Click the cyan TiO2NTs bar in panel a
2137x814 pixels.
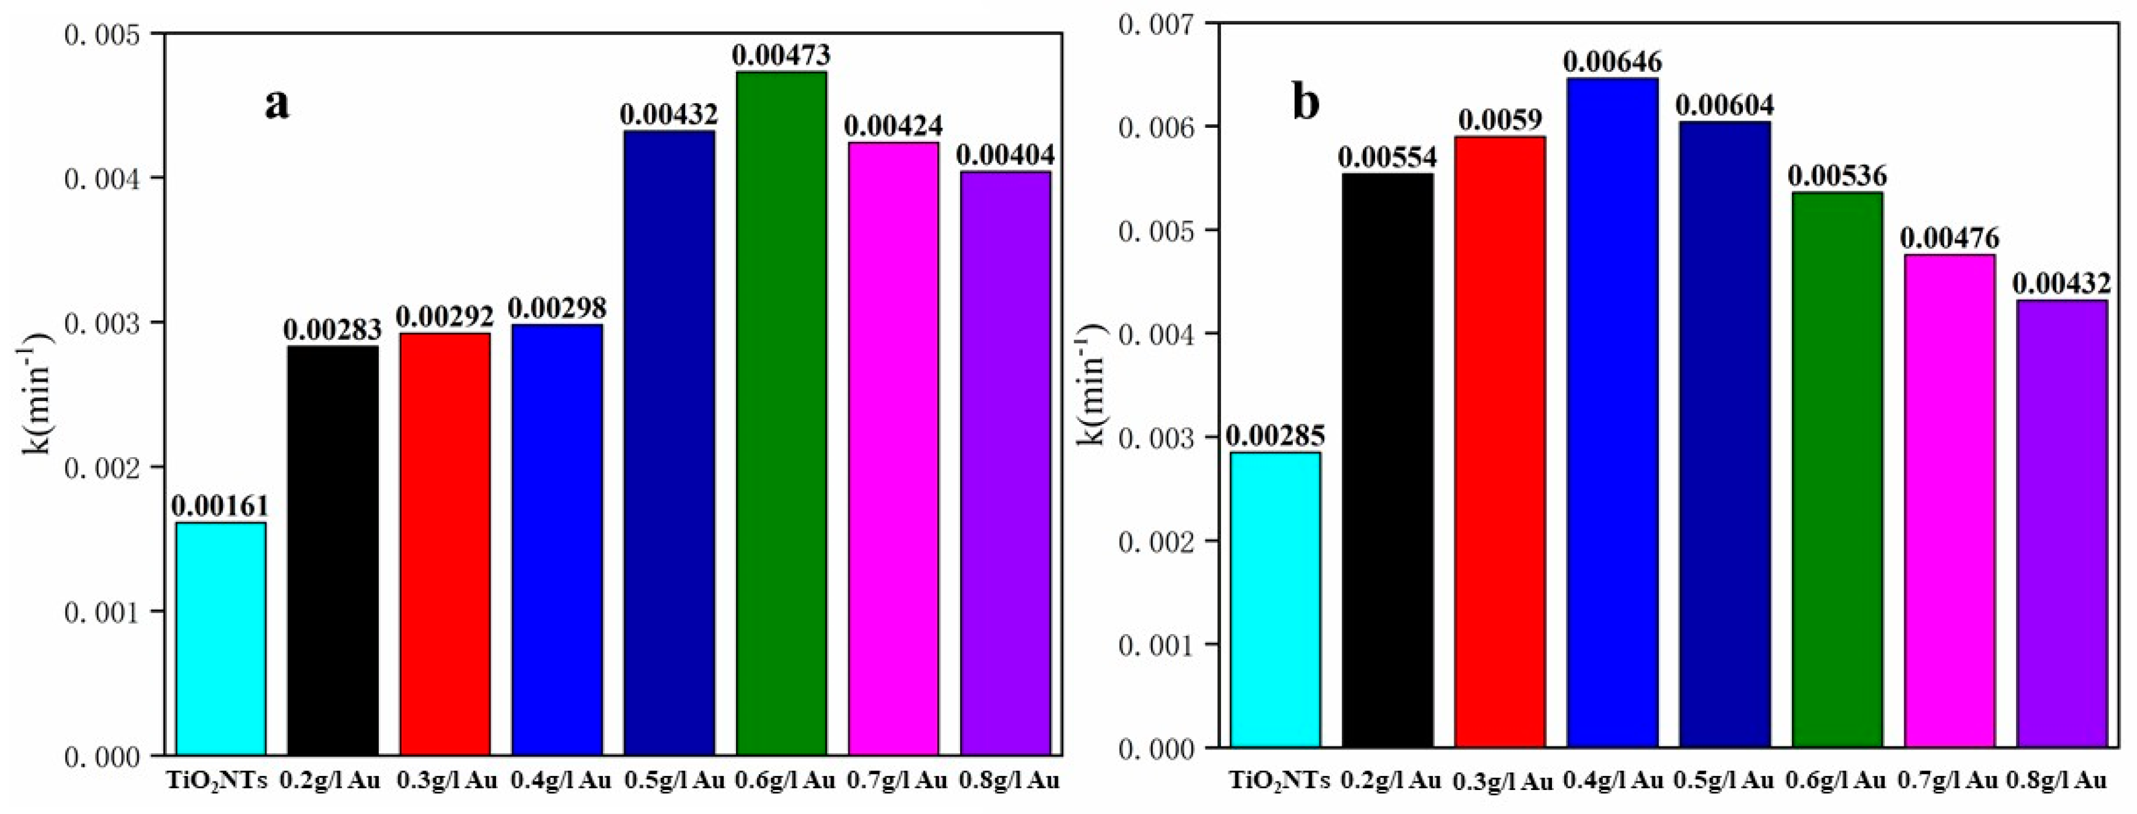pyautogui.click(x=220, y=639)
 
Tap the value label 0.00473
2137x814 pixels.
pyautogui.click(x=781, y=55)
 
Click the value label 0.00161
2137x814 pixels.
pyautogui.click(x=220, y=506)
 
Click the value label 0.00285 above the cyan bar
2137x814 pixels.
pyautogui.click(x=1275, y=435)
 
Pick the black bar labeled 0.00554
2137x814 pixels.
pyautogui.click(x=1387, y=461)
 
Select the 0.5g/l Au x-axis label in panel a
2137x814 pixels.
pyautogui.click(x=673, y=781)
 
